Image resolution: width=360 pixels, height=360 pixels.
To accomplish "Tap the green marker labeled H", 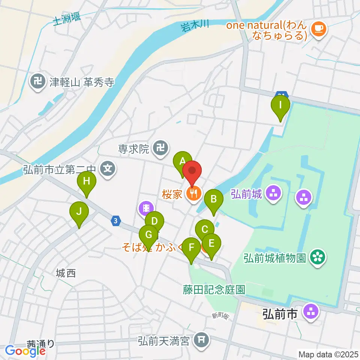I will [x=87, y=182].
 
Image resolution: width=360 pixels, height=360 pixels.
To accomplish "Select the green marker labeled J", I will [x=79, y=212].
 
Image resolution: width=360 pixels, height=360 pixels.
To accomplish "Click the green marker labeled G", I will [x=148, y=236].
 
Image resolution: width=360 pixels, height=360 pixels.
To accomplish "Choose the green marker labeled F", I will [x=192, y=248].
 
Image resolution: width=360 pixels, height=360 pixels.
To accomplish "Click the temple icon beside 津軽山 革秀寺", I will [x=37, y=81].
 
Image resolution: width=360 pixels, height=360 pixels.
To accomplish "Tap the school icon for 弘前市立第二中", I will [x=108, y=168].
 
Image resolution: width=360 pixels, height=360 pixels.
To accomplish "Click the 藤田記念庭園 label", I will [x=214, y=289].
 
